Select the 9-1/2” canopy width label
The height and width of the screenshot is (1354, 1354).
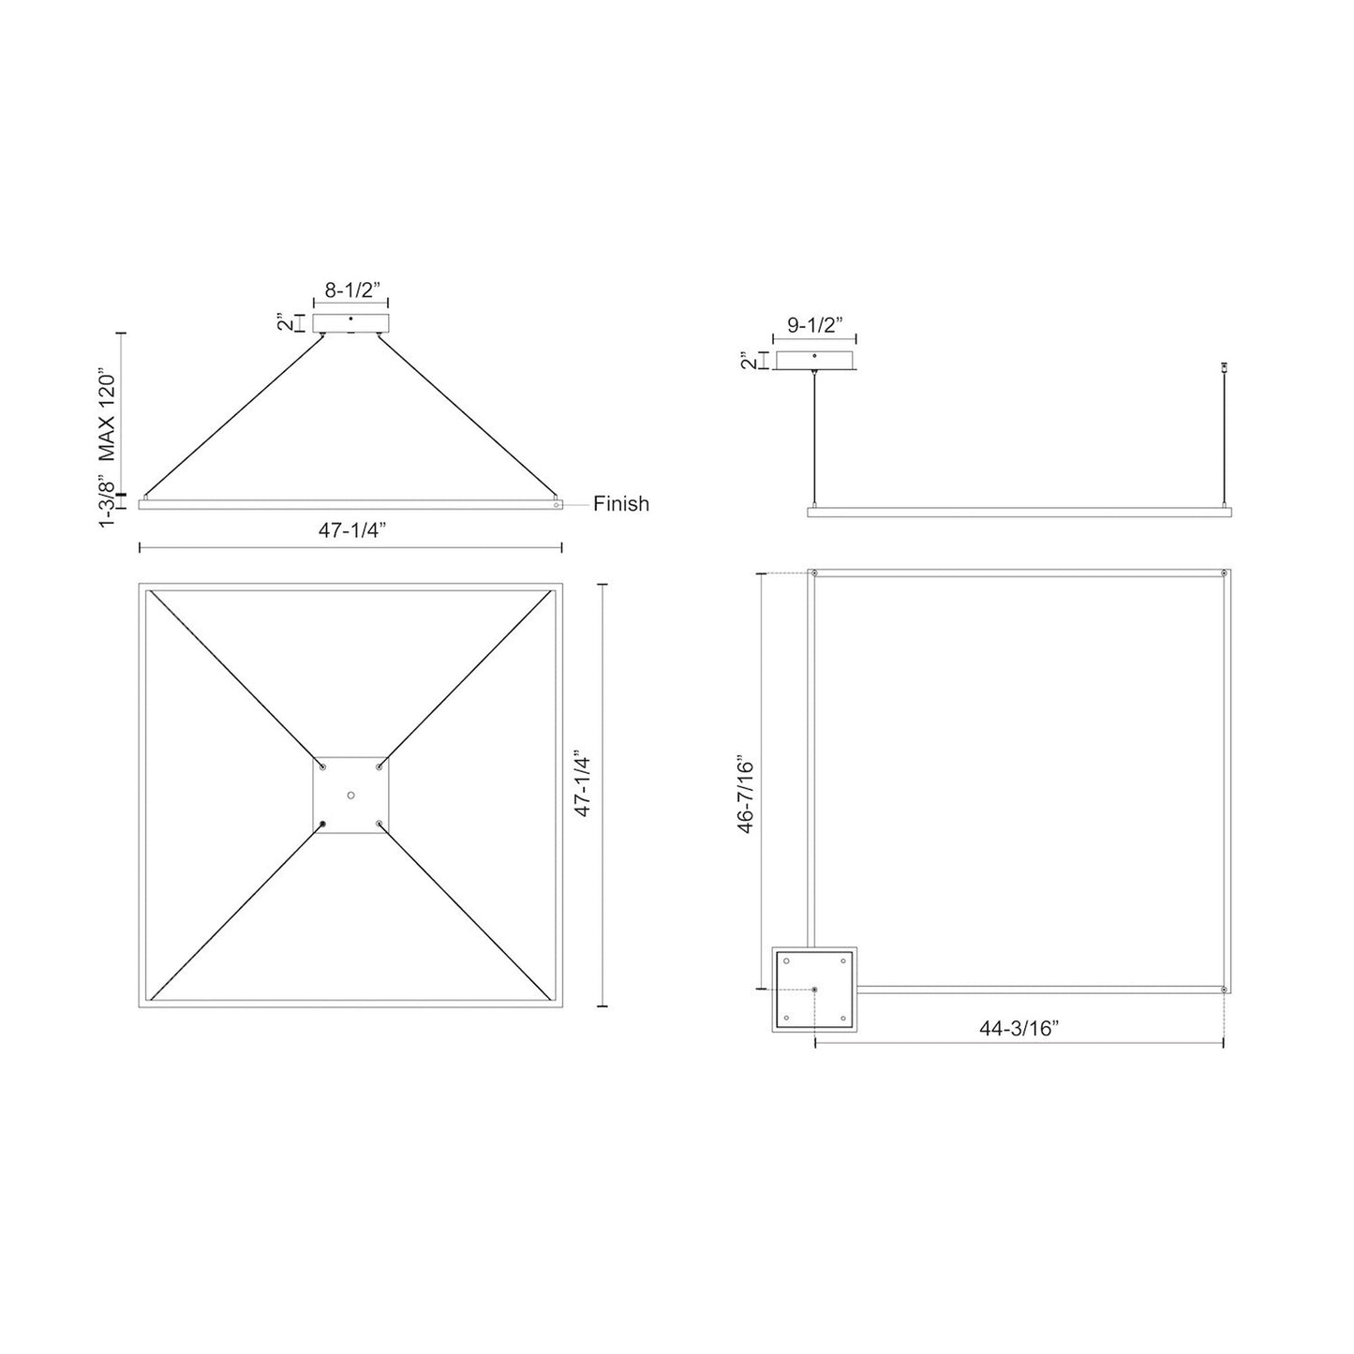(814, 326)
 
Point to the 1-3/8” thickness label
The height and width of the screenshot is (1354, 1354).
(108, 503)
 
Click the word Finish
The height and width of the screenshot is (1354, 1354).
(620, 504)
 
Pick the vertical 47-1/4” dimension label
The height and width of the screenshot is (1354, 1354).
(582, 796)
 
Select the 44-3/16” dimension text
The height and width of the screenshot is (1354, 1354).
(1019, 1028)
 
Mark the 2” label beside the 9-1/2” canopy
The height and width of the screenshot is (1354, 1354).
(746, 361)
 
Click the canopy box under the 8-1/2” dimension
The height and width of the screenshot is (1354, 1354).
(350, 324)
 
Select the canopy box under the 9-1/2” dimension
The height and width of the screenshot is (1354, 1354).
(814, 361)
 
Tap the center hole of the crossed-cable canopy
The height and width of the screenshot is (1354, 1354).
(350, 796)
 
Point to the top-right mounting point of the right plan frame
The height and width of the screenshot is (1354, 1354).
(1224, 573)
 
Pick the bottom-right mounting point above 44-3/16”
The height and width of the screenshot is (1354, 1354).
(1224, 989)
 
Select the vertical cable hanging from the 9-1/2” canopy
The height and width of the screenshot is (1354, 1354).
(815, 440)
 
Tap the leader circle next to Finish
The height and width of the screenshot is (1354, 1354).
(558, 504)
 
